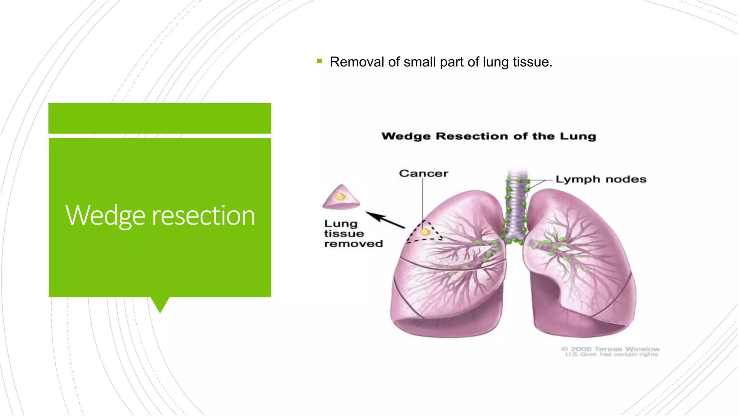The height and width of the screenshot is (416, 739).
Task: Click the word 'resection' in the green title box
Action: point(204,216)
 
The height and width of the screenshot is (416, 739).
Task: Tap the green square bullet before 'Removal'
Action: point(319,61)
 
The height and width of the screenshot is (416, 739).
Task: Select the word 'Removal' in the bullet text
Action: point(357,62)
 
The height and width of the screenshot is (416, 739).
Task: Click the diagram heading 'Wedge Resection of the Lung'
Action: point(489,136)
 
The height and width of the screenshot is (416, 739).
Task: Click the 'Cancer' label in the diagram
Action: point(423,174)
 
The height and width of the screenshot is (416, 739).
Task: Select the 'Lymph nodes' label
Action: point(601,179)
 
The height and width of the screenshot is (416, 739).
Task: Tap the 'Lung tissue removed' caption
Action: point(353,234)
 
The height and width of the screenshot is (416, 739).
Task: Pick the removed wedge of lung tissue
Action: point(341,198)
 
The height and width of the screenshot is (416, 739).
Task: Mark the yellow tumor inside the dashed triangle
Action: point(425,232)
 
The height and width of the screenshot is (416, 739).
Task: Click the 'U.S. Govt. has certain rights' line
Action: point(612,355)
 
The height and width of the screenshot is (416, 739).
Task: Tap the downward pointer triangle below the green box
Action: point(160,304)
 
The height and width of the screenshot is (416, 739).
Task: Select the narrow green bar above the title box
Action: point(159,118)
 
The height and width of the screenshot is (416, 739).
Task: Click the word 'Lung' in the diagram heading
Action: point(578,136)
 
